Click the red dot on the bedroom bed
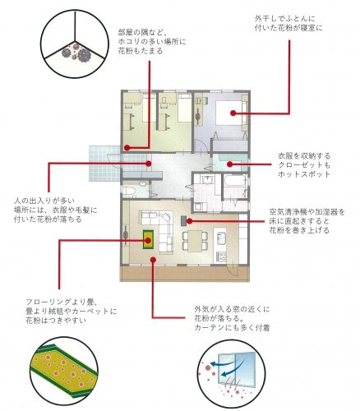(x=233, y=113)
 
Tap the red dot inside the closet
(x=229, y=164)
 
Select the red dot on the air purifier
(x=189, y=220)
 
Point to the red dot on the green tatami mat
(x=148, y=241)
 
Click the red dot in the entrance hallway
(x=148, y=164)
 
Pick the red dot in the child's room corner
(x=127, y=148)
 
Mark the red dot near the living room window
(x=154, y=259)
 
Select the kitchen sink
(x=221, y=238)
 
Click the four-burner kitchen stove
(x=221, y=256)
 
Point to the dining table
(x=195, y=240)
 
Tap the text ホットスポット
(x=304, y=174)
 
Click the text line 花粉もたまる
(x=141, y=51)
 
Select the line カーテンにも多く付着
(x=232, y=328)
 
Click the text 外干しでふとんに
(x=285, y=19)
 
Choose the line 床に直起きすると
(x=299, y=221)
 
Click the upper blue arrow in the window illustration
(x=224, y=363)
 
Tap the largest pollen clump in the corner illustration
(x=85, y=54)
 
